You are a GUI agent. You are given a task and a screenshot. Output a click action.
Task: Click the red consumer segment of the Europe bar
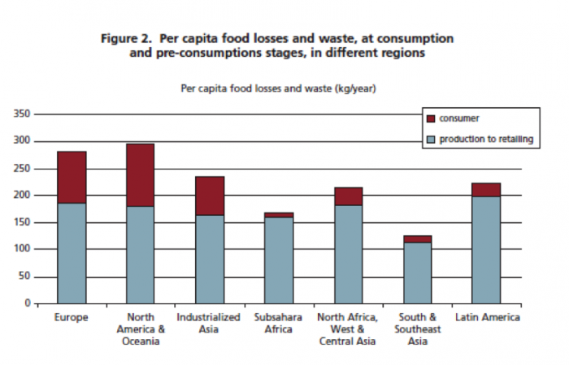coord(72,177)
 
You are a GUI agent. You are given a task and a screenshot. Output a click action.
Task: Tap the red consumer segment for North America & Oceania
coord(140,174)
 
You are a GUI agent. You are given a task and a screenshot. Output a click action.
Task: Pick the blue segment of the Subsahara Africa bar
coord(279,260)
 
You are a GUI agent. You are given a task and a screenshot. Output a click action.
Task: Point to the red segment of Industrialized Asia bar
coord(209,195)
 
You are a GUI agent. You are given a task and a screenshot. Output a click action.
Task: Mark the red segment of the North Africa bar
coord(348,196)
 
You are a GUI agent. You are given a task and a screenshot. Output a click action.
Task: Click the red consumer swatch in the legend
coord(431,118)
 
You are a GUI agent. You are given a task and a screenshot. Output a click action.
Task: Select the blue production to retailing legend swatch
coord(431,140)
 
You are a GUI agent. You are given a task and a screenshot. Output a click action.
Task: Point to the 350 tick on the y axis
coord(22,114)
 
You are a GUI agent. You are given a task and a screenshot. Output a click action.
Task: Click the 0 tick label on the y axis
coord(28,303)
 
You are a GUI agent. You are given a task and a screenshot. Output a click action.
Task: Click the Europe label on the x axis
coord(72,317)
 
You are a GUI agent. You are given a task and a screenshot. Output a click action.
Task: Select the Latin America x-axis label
coord(487,317)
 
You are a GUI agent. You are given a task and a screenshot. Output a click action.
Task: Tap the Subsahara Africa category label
coord(279,323)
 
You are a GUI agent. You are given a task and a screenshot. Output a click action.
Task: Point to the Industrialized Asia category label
coord(209,323)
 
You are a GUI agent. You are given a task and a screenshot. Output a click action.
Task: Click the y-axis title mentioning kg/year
coord(279,87)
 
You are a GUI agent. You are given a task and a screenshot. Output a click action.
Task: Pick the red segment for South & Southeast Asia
coord(418,238)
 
